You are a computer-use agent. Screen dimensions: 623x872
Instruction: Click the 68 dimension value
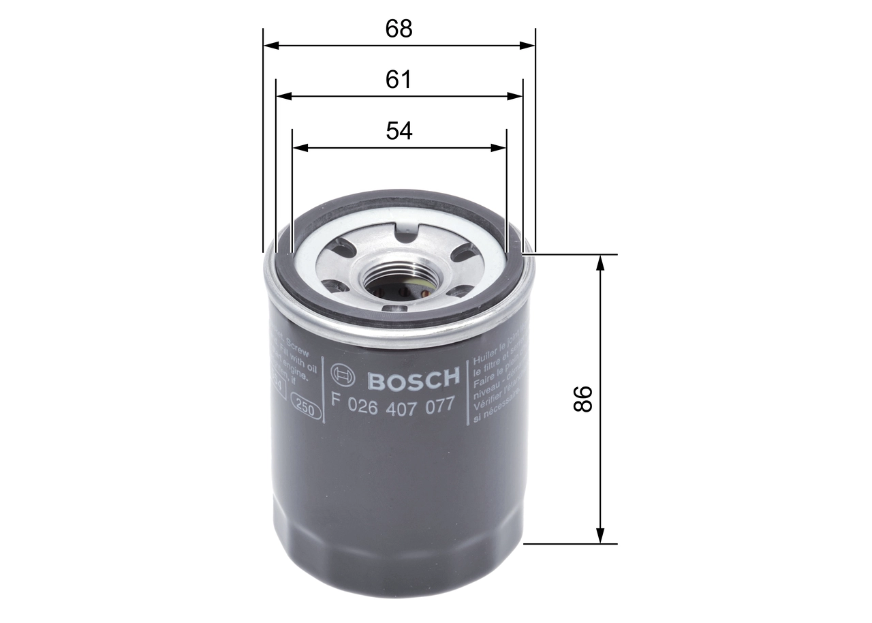[399, 29]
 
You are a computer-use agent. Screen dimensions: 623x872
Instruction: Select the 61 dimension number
[399, 80]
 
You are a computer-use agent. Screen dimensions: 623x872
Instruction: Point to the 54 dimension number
[399, 131]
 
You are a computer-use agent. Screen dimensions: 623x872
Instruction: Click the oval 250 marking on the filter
[306, 409]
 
